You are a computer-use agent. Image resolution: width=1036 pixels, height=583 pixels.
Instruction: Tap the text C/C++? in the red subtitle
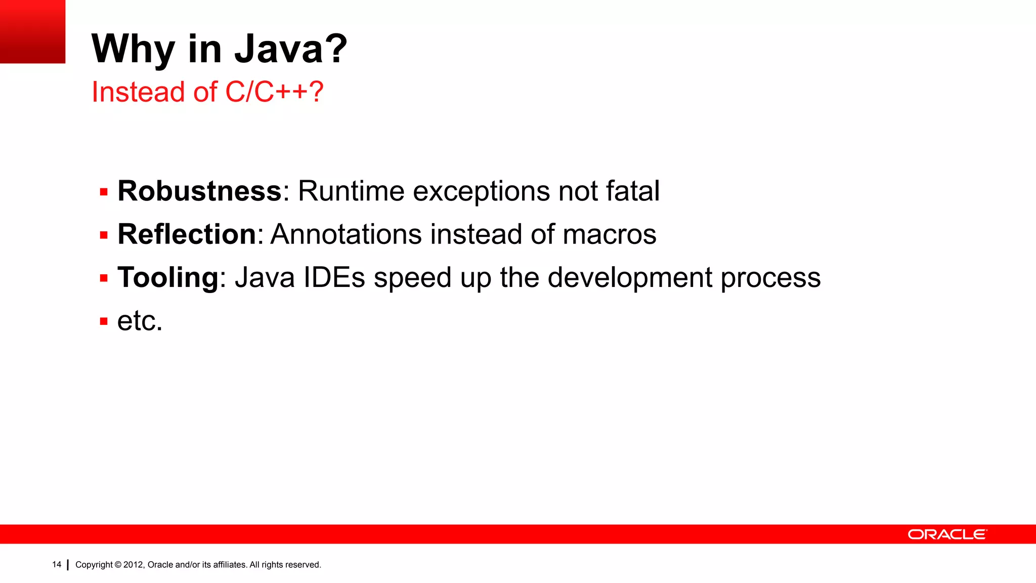(x=274, y=92)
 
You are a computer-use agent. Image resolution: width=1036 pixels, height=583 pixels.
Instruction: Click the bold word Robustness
(x=199, y=191)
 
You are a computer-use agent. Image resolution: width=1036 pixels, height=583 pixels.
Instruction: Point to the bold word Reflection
(x=187, y=234)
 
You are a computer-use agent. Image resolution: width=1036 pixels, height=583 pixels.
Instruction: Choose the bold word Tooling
(x=168, y=278)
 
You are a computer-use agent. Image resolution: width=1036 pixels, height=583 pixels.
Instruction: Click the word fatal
(x=632, y=191)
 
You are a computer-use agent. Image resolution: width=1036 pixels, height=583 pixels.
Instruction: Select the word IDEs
(x=334, y=278)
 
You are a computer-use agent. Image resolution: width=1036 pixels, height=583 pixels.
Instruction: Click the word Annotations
(x=346, y=234)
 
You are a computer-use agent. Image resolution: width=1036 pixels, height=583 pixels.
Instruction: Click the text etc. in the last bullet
(x=140, y=321)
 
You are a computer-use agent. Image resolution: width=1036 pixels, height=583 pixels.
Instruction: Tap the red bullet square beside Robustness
(x=104, y=192)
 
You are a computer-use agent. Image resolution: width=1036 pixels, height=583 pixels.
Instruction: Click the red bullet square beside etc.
(x=104, y=321)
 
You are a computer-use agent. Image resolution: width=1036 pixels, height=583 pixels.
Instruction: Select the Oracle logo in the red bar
(x=947, y=534)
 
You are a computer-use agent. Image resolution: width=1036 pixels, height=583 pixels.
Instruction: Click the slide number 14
(x=57, y=564)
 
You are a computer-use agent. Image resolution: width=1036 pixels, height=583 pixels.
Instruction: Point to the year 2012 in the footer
(x=134, y=565)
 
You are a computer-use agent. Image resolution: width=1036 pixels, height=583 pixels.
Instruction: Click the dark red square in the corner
(x=32, y=31)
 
